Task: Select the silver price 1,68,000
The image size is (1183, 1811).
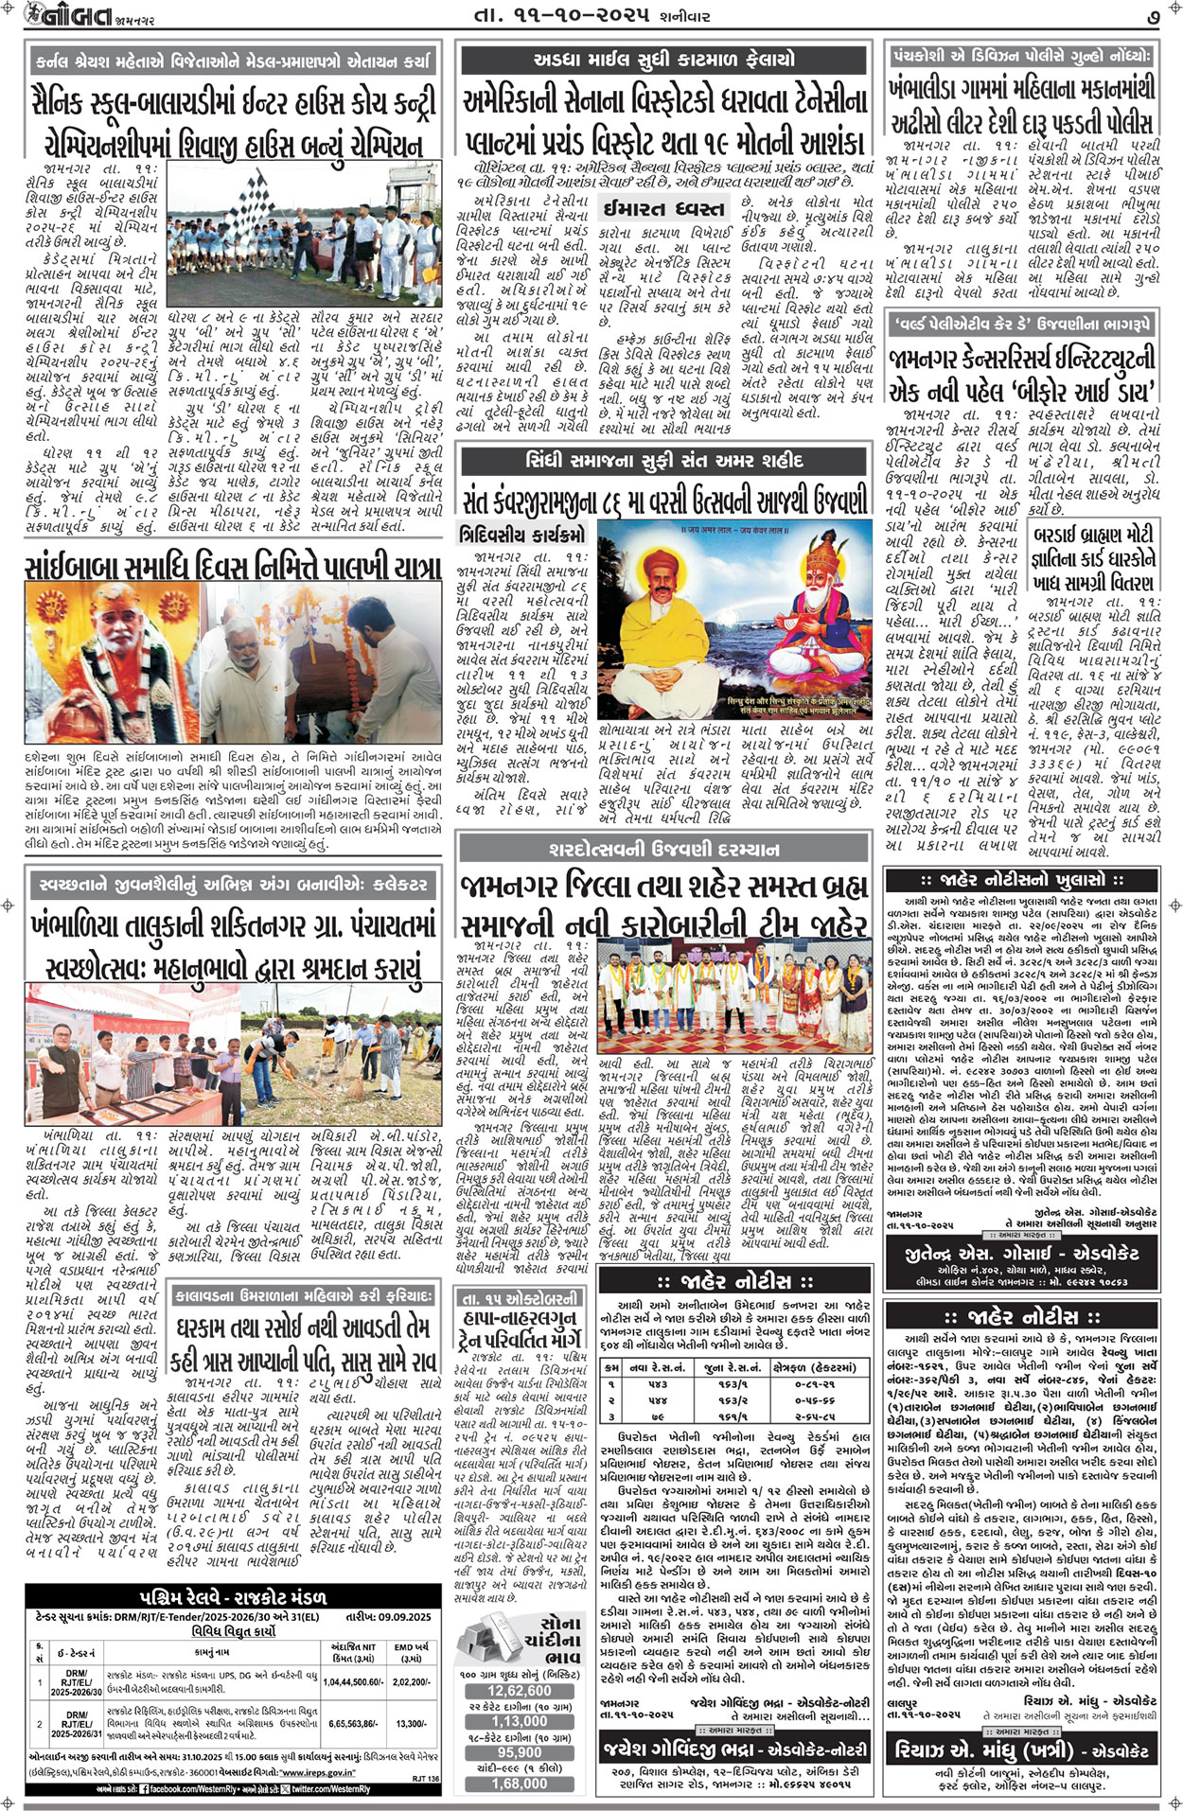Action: coord(519,1783)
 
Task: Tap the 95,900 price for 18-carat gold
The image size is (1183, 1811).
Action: coord(519,1752)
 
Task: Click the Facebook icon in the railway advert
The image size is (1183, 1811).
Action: coord(142,1788)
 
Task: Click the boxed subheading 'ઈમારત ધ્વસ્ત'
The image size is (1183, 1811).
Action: coord(664,208)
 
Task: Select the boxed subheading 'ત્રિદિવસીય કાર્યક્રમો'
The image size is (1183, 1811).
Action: coord(522,534)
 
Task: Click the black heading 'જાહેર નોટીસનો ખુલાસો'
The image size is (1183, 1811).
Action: coord(1022,879)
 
